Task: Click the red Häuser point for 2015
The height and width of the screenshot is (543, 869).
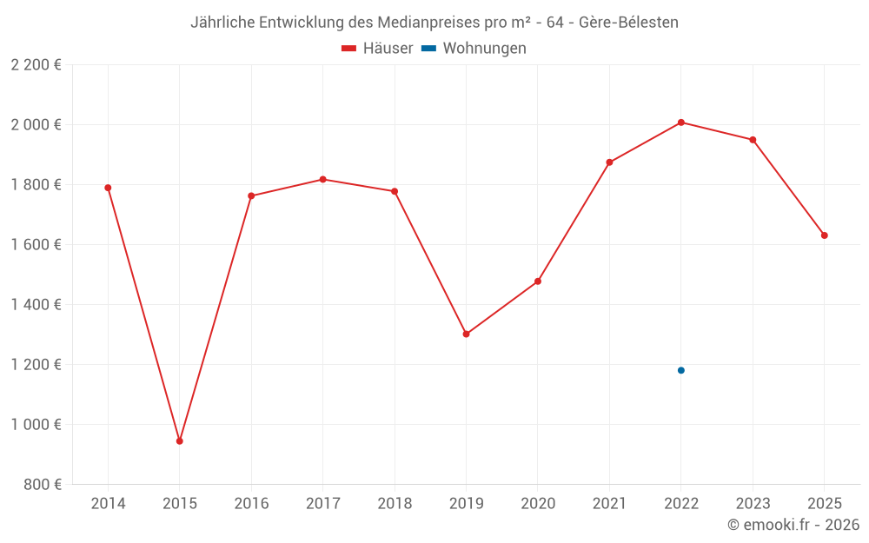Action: (x=180, y=441)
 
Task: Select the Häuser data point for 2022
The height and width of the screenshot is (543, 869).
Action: (x=681, y=123)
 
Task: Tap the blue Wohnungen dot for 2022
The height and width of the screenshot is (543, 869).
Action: (x=681, y=370)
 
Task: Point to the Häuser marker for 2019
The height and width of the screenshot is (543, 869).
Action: (x=466, y=334)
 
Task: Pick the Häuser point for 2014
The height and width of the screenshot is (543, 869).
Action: (x=108, y=188)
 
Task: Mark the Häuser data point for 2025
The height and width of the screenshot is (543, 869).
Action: (x=825, y=235)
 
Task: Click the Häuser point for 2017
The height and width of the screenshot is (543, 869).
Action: (x=323, y=180)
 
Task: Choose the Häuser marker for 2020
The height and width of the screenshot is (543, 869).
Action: (x=538, y=281)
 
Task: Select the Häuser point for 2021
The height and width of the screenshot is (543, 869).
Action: (x=610, y=162)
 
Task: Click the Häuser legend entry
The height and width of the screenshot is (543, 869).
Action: (x=377, y=48)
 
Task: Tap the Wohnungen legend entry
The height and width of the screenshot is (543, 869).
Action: (x=474, y=48)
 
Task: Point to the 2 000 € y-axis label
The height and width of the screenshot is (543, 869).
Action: (x=36, y=124)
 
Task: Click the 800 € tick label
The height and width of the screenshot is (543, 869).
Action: (x=43, y=484)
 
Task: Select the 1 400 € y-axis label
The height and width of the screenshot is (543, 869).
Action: (x=36, y=304)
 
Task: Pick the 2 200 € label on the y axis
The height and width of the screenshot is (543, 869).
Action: (x=36, y=64)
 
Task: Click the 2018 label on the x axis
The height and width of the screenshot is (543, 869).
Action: (x=395, y=503)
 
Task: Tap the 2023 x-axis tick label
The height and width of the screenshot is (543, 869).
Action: (x=753, y=503)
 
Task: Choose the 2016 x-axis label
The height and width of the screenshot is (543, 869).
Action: (x=252, y=503)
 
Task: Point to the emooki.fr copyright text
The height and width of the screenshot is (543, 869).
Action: (x=793, y=524)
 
